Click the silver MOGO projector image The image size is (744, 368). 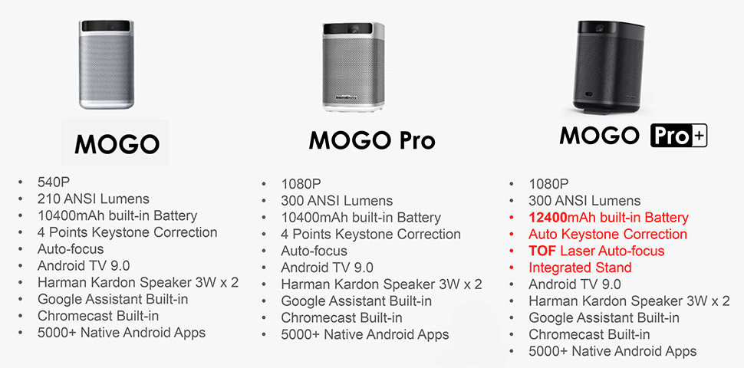(107, 64)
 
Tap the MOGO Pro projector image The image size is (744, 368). (354, 67)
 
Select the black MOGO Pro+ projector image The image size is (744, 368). (609, 67)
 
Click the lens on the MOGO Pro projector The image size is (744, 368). (354, 29)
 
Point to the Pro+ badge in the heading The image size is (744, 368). (679, 135)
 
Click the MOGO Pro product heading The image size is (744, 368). (371, 140)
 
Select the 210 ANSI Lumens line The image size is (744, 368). (93, 199)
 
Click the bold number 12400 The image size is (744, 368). (548, 218)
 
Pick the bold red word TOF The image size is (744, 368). (542, 251)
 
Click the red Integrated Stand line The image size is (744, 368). (580, 268)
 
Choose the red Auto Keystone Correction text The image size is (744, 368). (607, 235)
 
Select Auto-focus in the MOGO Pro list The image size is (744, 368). (314, 251)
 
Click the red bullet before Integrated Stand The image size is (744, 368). (512, 268)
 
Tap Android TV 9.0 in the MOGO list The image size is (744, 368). (84, 265)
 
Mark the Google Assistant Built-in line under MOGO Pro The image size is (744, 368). (357, 301)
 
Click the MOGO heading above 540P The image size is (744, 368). (117, 143)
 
